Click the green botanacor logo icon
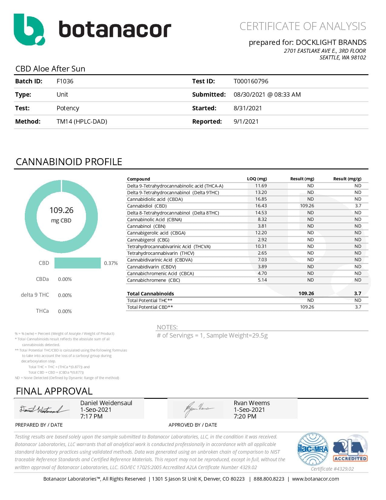29,29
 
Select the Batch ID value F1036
65,81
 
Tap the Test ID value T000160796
251,81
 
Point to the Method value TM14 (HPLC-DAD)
82,122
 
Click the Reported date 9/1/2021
246,122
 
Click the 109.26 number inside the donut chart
61,210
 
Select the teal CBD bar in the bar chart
78,263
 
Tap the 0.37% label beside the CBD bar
111,263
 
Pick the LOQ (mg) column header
257,179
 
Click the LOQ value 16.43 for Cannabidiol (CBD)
261,206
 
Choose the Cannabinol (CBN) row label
146,226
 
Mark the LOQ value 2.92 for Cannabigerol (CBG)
262,239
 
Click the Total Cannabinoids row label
150,293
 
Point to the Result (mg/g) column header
347,179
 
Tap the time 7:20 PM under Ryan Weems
245,416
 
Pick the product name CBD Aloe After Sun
50,69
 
